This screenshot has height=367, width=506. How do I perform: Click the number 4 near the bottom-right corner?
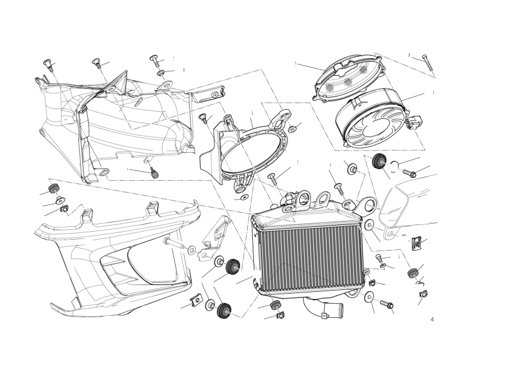[432, 320]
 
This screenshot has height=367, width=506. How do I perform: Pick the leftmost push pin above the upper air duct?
[47, 64]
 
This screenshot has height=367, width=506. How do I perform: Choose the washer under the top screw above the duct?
[161, 73]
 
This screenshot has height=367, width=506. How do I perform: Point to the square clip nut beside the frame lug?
[416, 243]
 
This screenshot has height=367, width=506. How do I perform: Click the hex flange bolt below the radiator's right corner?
[386, 304]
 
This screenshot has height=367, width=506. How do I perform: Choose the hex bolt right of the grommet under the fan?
[409, 173]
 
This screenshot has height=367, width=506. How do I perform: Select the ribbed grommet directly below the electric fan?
[379, 161]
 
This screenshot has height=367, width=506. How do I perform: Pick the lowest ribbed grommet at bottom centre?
[224, 311]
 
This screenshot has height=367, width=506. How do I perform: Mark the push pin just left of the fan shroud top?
[203, 118]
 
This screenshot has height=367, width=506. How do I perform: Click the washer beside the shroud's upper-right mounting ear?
[292, 129]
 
